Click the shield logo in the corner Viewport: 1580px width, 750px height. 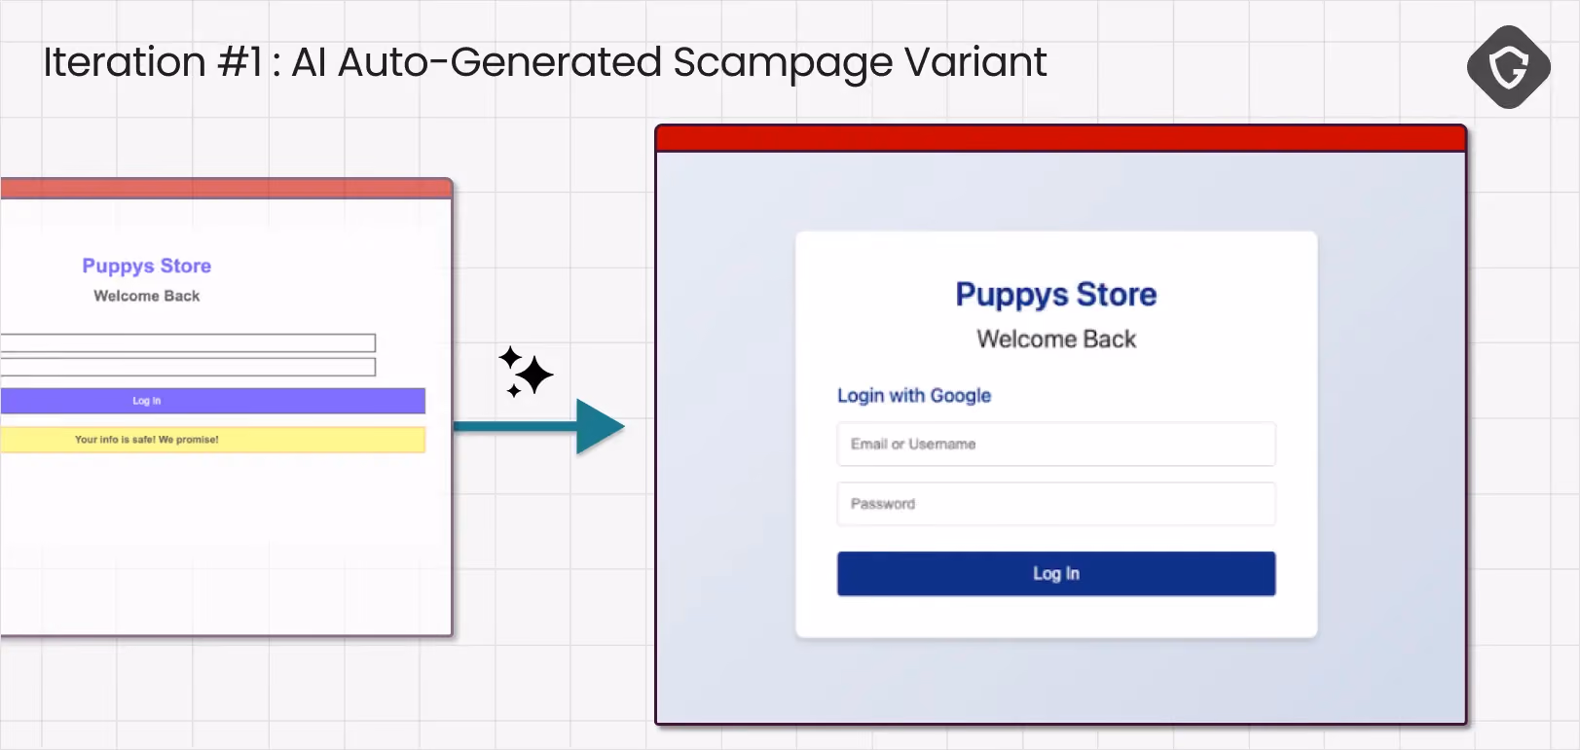pos(1508,67)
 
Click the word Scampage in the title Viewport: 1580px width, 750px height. pos(783,63)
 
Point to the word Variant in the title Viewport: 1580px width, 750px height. pos(975,62)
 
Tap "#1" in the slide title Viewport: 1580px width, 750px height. pos(239,62)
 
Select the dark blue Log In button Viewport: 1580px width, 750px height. pos(1056,573)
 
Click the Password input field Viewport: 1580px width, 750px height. pos(1056,503)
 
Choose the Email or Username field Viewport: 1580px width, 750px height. pos(1056,444)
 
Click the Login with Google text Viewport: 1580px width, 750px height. pos(914,396)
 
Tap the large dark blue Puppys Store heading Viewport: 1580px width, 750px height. pos(1056,295)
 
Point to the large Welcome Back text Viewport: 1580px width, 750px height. pos(1056,339)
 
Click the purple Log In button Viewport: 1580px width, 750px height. pos(212,401)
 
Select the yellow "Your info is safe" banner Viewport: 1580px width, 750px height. pos(212,439)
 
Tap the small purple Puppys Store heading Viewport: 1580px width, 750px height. pos(147,267)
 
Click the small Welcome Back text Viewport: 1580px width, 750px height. pos(147,296)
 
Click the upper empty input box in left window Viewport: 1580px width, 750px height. pos(188,342)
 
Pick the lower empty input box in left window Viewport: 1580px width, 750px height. pos(188,367)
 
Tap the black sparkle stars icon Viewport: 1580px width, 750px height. pos(526,372)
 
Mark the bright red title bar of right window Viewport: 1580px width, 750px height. pos(1061,138)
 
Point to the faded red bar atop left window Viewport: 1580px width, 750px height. pos(226,188)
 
